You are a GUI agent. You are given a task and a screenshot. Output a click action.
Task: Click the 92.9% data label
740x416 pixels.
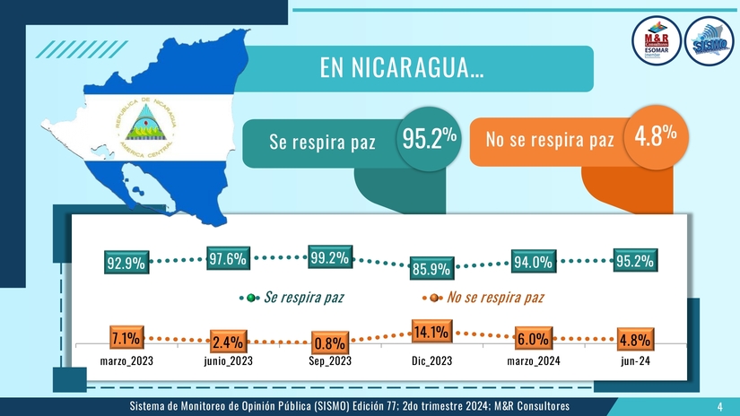[x=126, y=264]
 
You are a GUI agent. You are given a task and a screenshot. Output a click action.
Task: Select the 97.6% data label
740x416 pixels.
[x=228, y=259]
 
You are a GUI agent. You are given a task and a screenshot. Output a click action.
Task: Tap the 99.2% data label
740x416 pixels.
[x=328, y=258]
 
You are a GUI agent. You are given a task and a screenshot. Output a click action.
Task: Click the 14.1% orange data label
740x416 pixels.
[x=431, y=333]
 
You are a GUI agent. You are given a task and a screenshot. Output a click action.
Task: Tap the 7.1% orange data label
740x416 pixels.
[x=125, y=338]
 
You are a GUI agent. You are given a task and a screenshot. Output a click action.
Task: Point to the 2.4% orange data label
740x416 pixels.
[x=228, y=342]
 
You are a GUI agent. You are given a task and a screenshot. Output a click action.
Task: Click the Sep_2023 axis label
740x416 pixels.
[x=329, y=362]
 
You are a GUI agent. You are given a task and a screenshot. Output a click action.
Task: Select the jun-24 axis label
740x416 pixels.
[x=634, y=362]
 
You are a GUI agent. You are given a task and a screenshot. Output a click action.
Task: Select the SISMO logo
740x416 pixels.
[x=709, y=41]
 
